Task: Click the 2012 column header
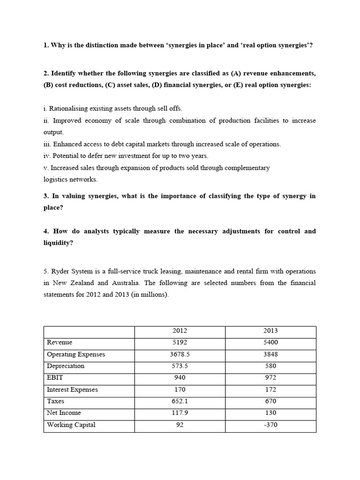click(180, 331)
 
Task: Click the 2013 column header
click(270, 331)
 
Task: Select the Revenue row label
click(60, 343)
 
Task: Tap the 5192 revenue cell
click(180, 343)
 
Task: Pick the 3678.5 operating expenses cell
click(180, 354)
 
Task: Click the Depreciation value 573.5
click(180, 366)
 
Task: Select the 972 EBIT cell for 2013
click(270, 378)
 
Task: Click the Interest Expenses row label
click(72, 390)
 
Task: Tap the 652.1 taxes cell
click(180, 401)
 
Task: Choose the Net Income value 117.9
click(180, 413)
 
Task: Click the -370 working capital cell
click(270, 425)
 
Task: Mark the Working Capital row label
click(71, 425)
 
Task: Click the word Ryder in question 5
click(60, 271)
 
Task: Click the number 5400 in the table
click(270, 343)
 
